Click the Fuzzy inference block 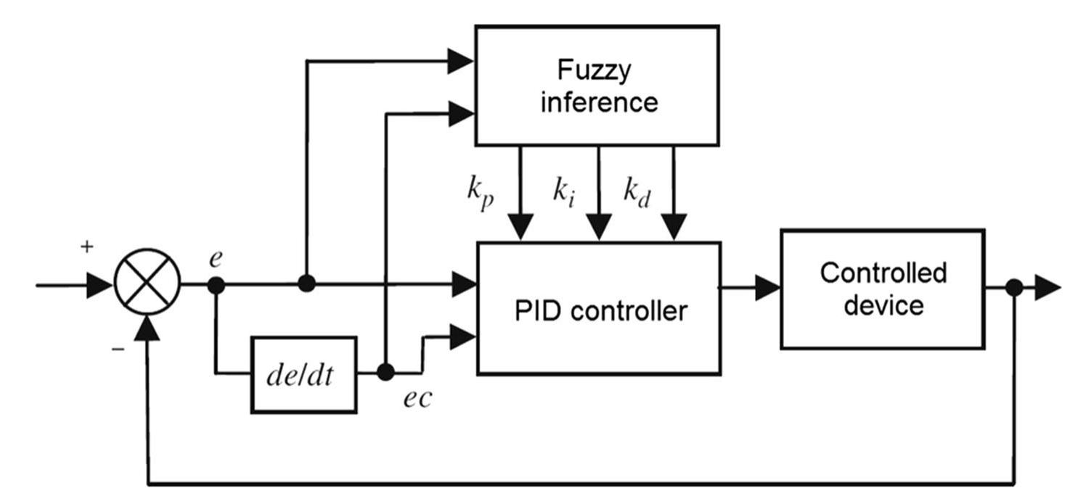click(596, 86)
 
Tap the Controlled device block click(882, 289)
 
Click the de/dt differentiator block click(303, 375)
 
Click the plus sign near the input click(87, 247)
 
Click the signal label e click(216, 260)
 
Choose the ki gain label click(563, 191)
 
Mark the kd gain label click(637, 191)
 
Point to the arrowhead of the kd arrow click(675, 228)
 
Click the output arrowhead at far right click(1048, 288)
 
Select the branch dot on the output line click(1014, 288)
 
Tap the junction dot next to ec click(386, 373)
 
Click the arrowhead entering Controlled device click(767, 288)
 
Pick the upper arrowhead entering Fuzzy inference click(460, 61)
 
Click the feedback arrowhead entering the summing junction click(147, 330)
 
